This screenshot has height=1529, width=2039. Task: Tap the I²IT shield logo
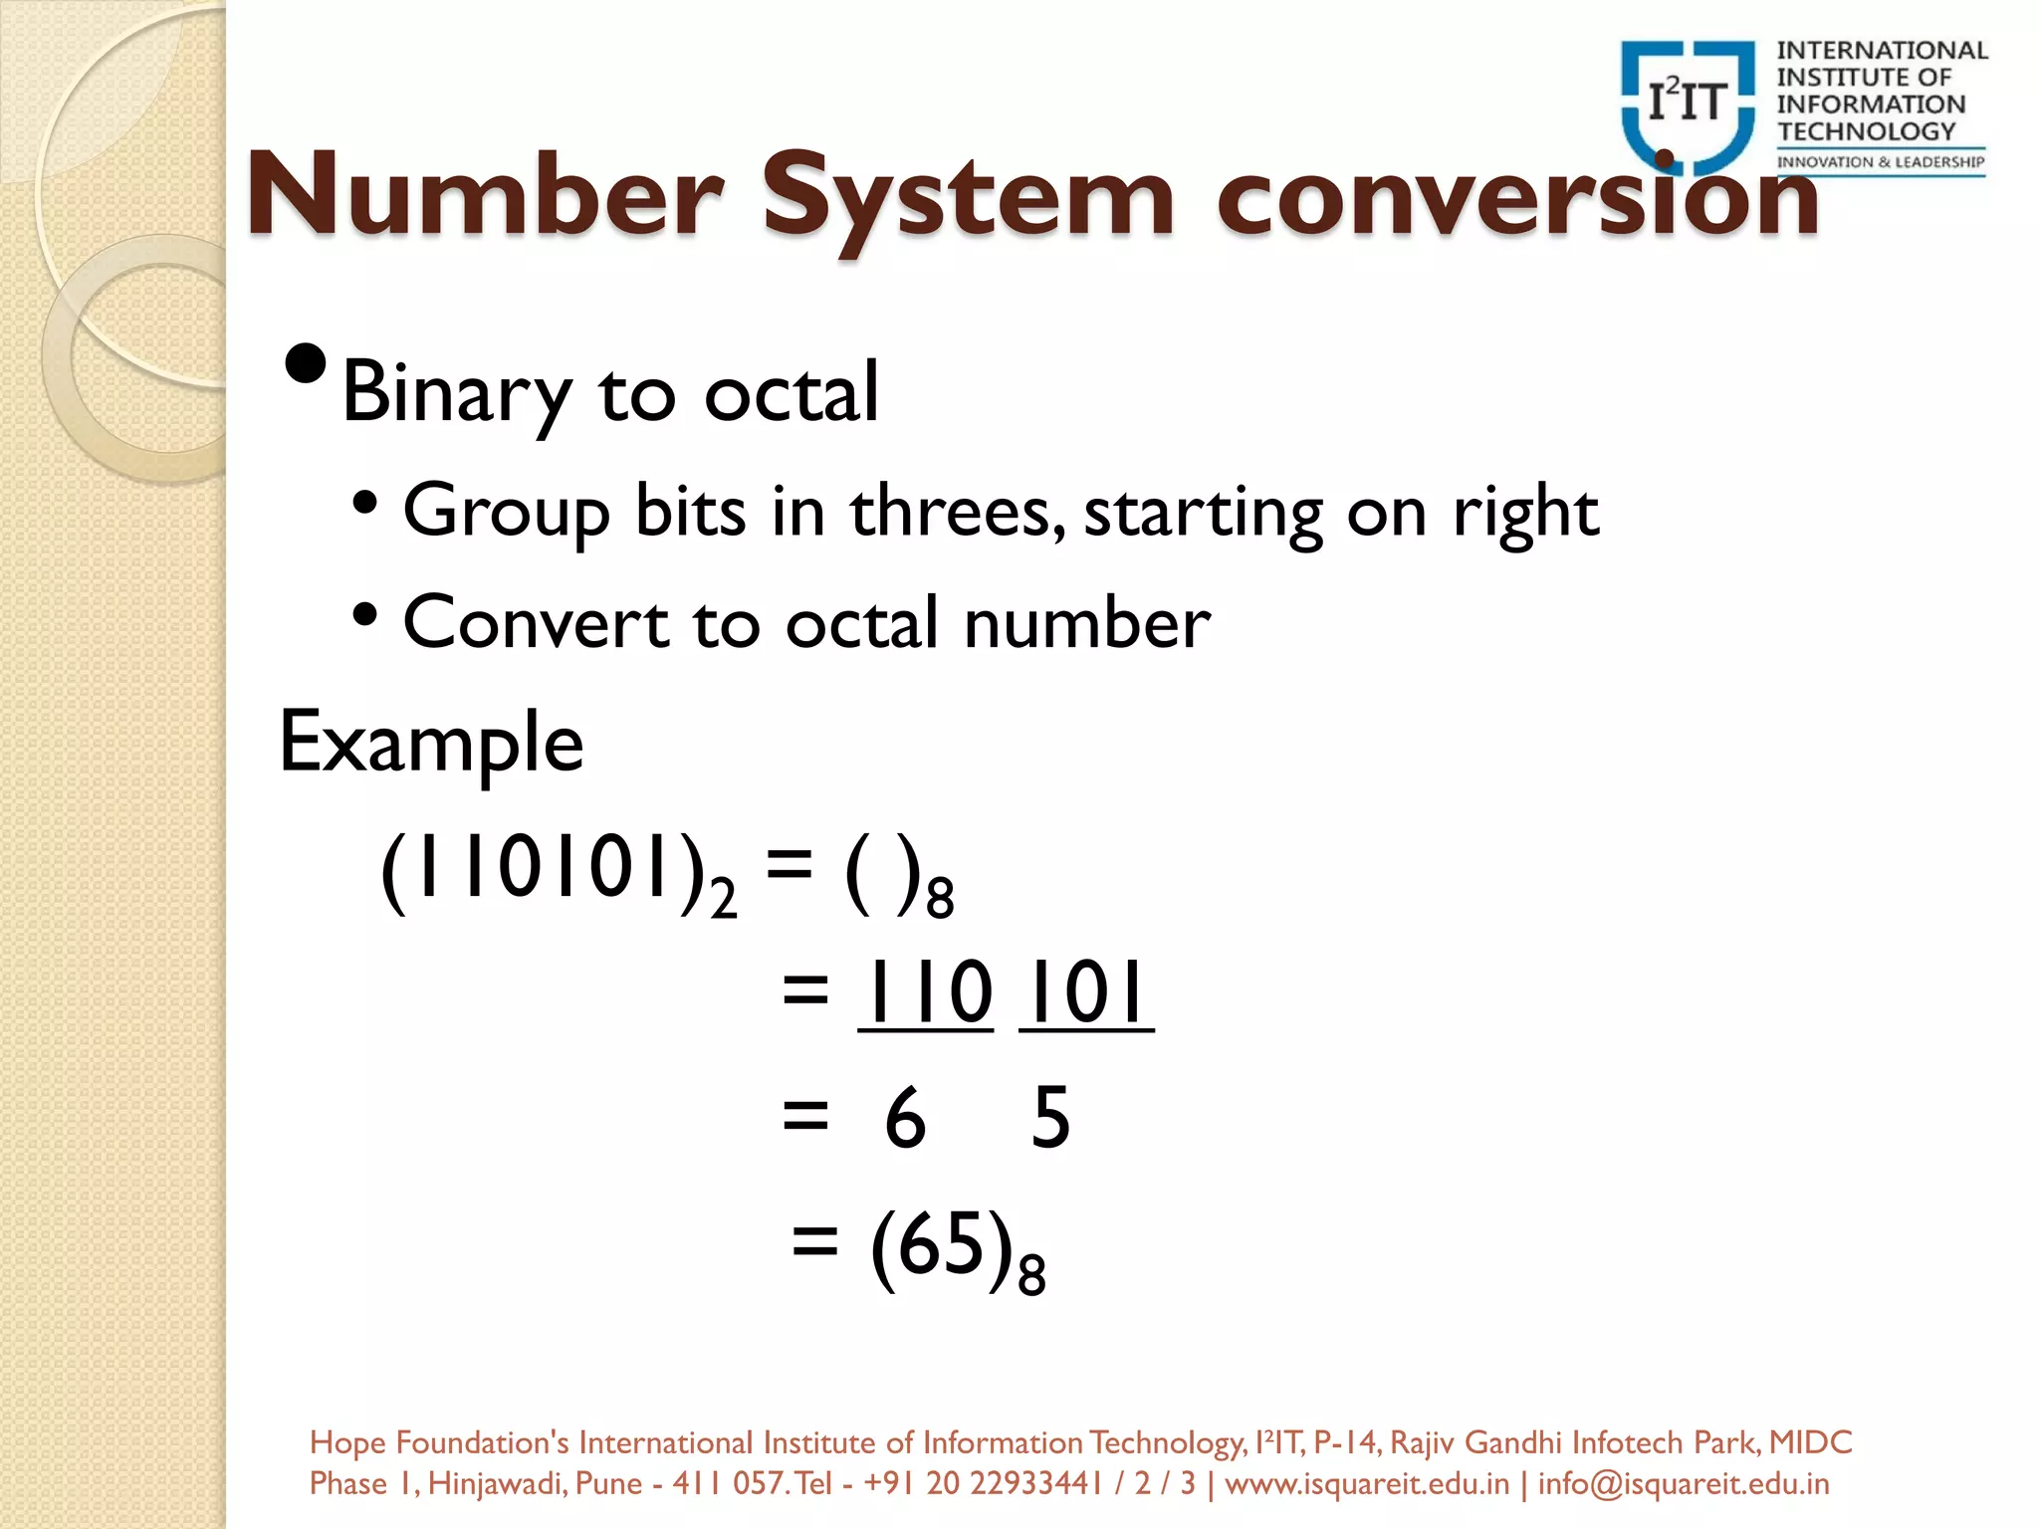click(x=1688, y=105)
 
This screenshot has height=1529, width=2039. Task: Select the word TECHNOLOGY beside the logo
click(x=1867, y=131)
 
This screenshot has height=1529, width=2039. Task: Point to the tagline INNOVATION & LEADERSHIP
click(x=1881, y=162)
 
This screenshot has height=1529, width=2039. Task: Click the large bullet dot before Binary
click(x=305, y=365)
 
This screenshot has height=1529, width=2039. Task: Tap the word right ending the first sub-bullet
click(x=1525, y=512)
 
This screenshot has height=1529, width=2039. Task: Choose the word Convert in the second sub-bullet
click(x=536, y=623)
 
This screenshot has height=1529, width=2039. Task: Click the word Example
click(x=431, y=743)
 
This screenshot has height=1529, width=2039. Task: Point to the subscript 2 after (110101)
click(x=724, y=898)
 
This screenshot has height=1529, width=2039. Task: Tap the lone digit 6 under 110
click(x=905, y=1118)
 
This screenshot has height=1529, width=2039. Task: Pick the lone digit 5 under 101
click(x=1051, y=1118)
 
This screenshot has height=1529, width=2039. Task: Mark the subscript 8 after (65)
click(x=1031, y=1276)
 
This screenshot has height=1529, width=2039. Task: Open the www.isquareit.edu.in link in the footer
click(x=1367, y=1484)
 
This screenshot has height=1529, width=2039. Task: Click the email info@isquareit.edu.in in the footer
click(x=1684, y=1484)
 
